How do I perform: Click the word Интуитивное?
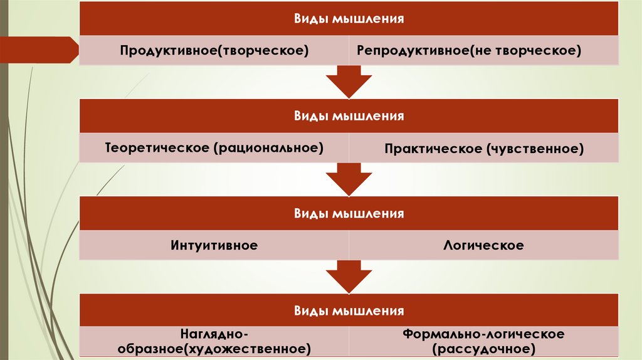214,245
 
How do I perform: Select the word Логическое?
483,245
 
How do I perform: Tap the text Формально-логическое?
483,334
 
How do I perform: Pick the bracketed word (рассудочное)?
483,347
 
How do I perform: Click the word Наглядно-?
214,334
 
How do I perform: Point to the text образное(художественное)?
214,347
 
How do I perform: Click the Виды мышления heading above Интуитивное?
349,214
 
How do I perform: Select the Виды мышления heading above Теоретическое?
349,116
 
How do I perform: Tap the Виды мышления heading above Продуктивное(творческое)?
349,18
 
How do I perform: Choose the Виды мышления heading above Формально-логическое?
349,310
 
